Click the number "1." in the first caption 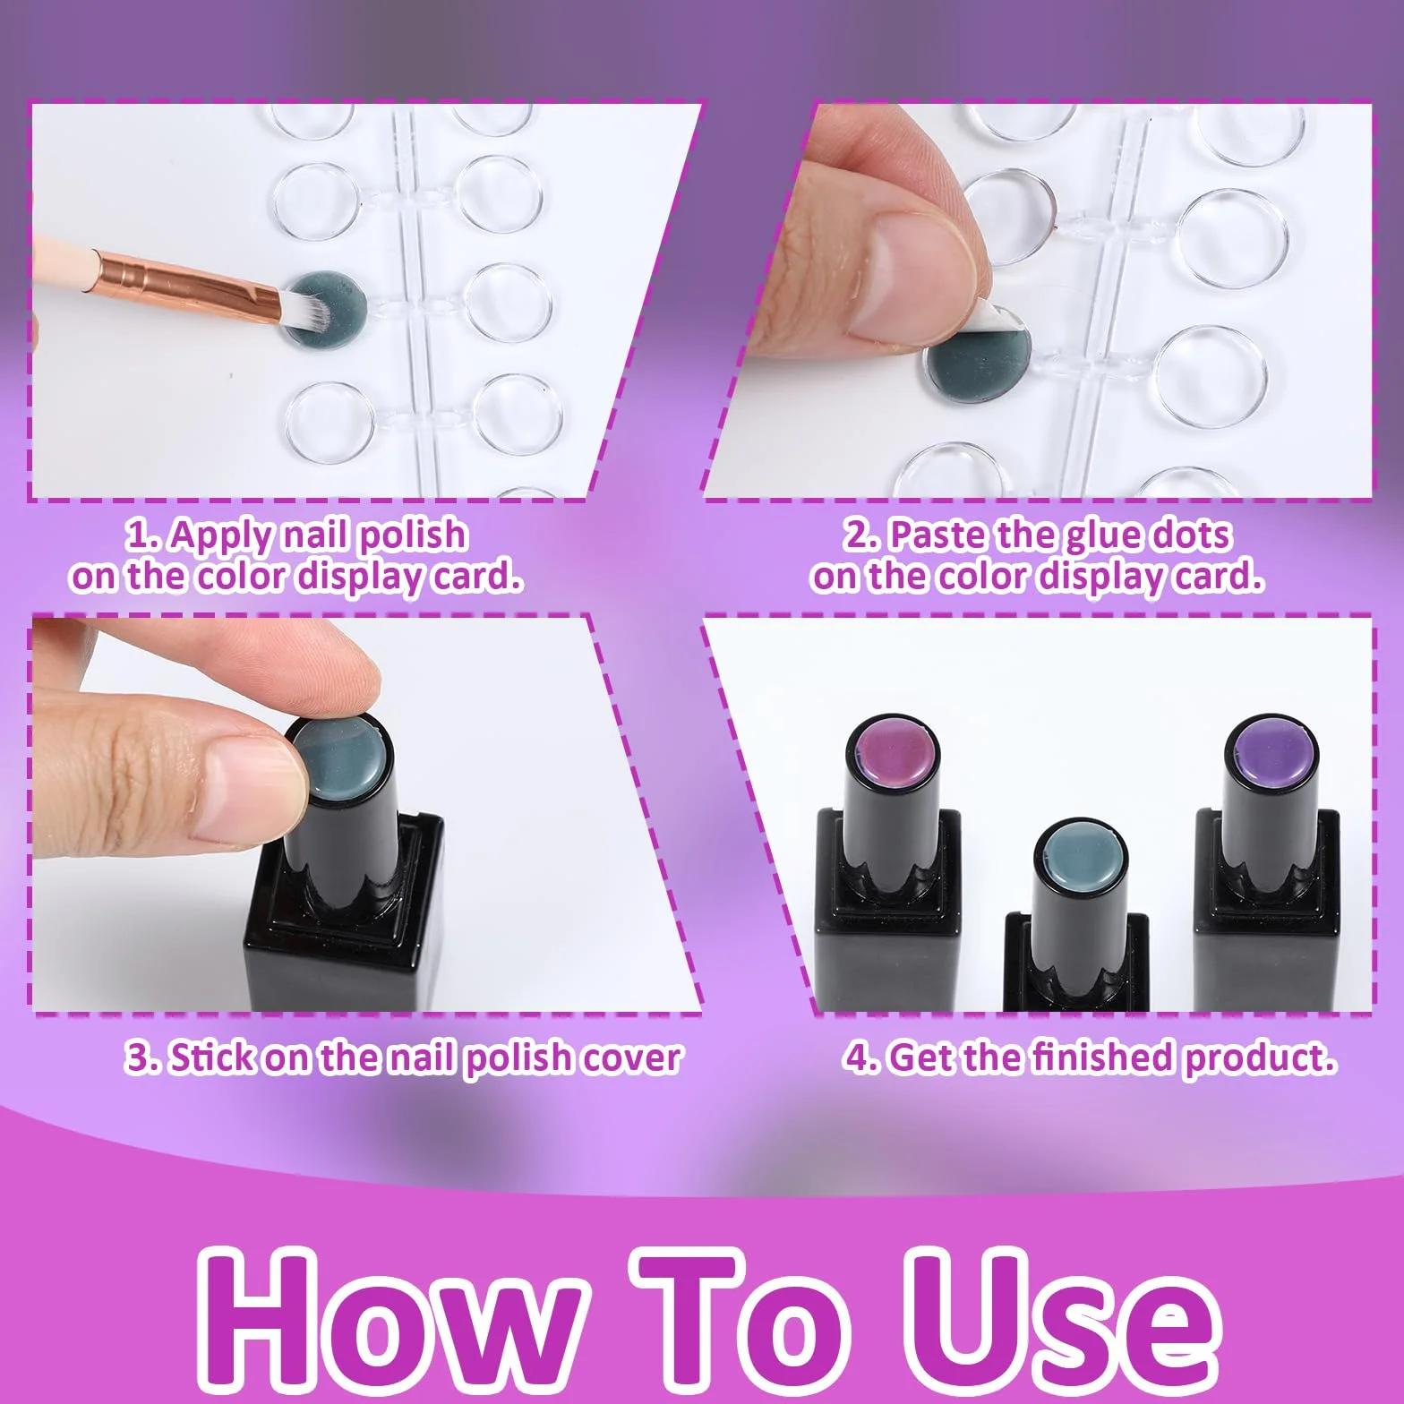(x=144, y=535)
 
